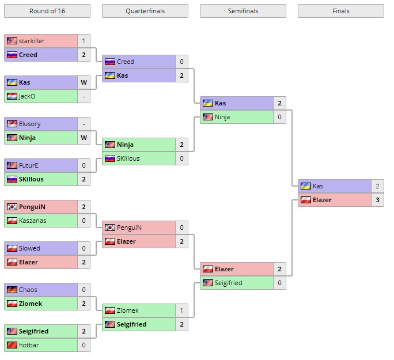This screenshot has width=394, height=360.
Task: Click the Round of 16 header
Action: coord(47,11)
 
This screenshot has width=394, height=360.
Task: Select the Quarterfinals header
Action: coord(145,11)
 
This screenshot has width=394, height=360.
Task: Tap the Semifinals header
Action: coord(243,11)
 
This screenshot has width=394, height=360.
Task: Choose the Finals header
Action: coord(340,11)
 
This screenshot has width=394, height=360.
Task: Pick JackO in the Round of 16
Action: coord(27,96)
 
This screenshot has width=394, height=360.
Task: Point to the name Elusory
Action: coord(29,124)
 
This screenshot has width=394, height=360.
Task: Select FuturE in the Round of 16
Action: coord(28,165)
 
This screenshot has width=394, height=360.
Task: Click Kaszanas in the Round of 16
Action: coord(32,221)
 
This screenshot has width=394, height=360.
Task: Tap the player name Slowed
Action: coord(29,248)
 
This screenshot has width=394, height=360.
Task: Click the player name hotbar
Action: coord(29,345)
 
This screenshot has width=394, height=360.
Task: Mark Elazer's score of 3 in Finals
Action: coord(377,200)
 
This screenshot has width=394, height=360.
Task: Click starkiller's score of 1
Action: coord(84,41)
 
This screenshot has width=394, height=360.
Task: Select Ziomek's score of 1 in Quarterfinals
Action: coord(181,310)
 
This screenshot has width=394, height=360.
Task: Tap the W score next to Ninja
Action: coord(84,138)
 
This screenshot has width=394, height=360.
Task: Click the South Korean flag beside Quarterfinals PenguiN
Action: coord(110,228)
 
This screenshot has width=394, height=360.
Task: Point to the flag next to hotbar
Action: coord(12,345)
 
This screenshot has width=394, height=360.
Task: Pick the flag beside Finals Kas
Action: coord(306,186)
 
